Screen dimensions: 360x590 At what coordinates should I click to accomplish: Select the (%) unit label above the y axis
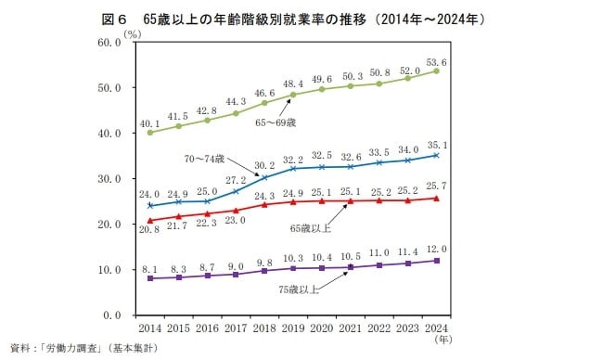(x=133, y=33)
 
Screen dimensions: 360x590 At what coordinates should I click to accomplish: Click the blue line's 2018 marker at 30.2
(x=265, y=177)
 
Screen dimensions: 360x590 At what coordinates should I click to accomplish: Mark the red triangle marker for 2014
(x=150, y=221)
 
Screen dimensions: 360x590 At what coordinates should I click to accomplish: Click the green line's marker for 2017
(x=237, y=113)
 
